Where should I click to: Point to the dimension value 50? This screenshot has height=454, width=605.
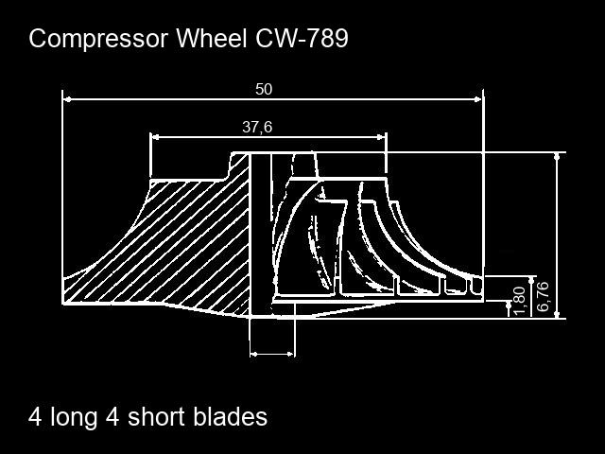pos(264,89)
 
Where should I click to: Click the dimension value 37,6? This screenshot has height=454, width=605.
pos(257,127)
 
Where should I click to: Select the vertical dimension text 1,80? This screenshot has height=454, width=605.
pos(519,300)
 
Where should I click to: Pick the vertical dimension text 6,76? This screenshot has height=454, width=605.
pos(543,297)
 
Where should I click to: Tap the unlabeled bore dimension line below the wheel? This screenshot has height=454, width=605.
pos(272,354)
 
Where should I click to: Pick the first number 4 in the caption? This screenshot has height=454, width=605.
pos(35,417)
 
